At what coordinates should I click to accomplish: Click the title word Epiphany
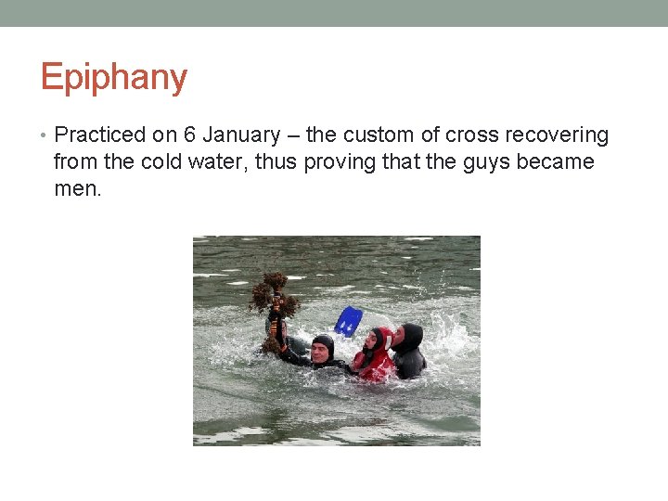[113, 78]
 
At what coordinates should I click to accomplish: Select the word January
[240, 135]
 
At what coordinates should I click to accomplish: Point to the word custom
[376, 135]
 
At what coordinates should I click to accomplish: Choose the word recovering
[557, 135]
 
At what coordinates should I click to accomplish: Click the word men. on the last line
[78, 189]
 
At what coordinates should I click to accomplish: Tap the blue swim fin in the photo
[348, 321]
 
